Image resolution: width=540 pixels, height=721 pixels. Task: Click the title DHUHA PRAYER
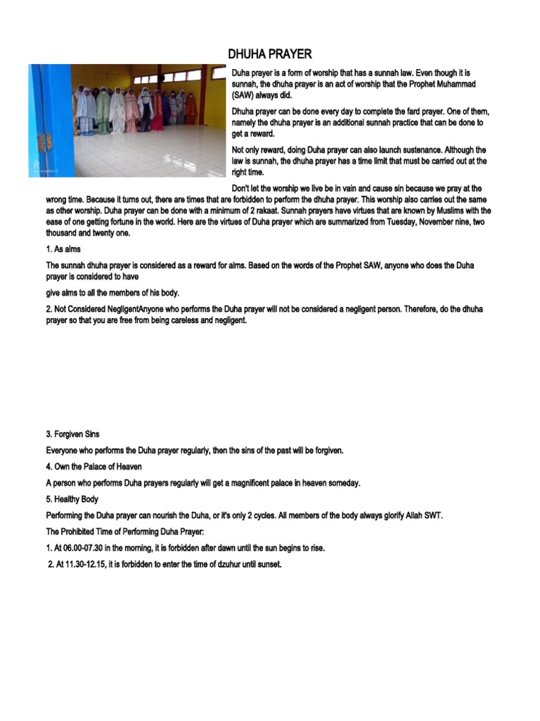click(x=269, y=54)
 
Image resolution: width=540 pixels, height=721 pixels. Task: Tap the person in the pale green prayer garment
click(x=104, y=111)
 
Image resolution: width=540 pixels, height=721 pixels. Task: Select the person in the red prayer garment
click(x=157, y=115)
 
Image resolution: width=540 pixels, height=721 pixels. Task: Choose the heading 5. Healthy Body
click(x=72, y=499)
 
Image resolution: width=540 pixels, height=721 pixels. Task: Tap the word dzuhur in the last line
click(x=224, y=565)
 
